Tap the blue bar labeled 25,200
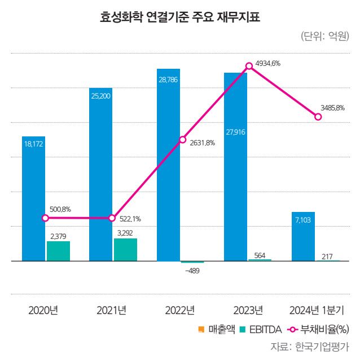(x=101, y=174)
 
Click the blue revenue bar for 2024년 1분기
(x=304, y=236)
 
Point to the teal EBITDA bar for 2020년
(x=58, y=251)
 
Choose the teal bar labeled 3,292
(x=125, y=250)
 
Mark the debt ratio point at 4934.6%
(x=248, y=67)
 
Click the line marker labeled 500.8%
(x=45, y=218)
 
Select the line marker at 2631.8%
(x=182, y=139)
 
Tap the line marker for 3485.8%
(x=318, y=117)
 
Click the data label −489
(x=192, y=271)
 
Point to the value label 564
(x=260, y=255)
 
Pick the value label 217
(x=327, y=257)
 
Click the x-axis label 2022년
(x=180, y=309)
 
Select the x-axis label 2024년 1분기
(x=317, y=309)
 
